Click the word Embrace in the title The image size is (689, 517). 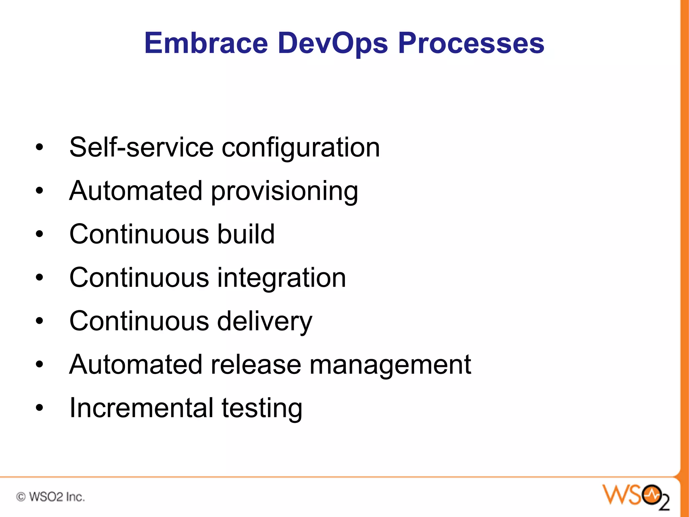coord(206,43)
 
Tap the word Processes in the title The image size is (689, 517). coord(471,43)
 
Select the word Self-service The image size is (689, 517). coord(141,147)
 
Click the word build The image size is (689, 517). coord(246,234)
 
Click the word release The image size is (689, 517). coord(256,365)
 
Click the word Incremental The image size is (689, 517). coord(141,408)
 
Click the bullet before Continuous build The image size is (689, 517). coord(40,234)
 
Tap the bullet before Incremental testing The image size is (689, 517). coord(40,408)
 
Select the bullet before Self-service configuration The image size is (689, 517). coord(40,147)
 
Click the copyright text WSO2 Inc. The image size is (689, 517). coord(50,497)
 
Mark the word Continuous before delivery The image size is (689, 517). coord(139,321)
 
